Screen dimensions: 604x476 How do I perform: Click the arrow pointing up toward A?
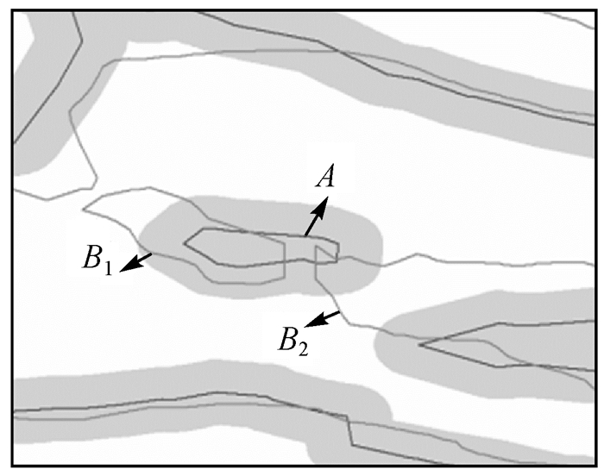tap(316, 217)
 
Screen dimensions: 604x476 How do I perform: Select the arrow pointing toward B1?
tap(137, 262)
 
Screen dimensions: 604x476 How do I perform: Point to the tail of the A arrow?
tap(305, 235)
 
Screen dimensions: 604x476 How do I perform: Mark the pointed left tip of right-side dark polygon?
tap(420, 345)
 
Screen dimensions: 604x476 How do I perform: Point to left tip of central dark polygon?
tap(186, 242)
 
